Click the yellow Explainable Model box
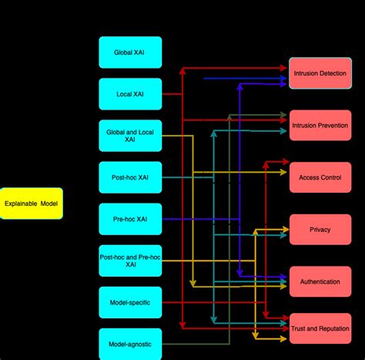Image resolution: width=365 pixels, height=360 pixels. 31,204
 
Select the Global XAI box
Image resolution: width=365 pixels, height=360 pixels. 130,52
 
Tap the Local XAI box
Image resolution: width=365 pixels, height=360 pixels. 130,94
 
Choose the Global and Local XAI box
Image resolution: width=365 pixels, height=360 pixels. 130,136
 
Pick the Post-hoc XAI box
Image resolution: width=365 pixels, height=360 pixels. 130,177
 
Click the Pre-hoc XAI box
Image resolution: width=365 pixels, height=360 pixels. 130,219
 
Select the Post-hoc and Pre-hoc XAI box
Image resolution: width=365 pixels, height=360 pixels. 130,261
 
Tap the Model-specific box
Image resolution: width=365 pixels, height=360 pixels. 130,302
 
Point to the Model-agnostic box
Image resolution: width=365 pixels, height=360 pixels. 130,344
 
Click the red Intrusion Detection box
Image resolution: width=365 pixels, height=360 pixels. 320,73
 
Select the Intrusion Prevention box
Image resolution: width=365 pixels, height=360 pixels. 320,125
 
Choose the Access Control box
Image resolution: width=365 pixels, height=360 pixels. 320,177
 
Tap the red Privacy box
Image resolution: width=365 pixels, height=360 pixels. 320,229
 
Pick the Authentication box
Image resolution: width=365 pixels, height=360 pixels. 320,281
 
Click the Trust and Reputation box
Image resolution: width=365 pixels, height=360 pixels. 320,329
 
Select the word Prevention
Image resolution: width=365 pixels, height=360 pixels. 333,125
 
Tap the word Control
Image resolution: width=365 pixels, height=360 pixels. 330,177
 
